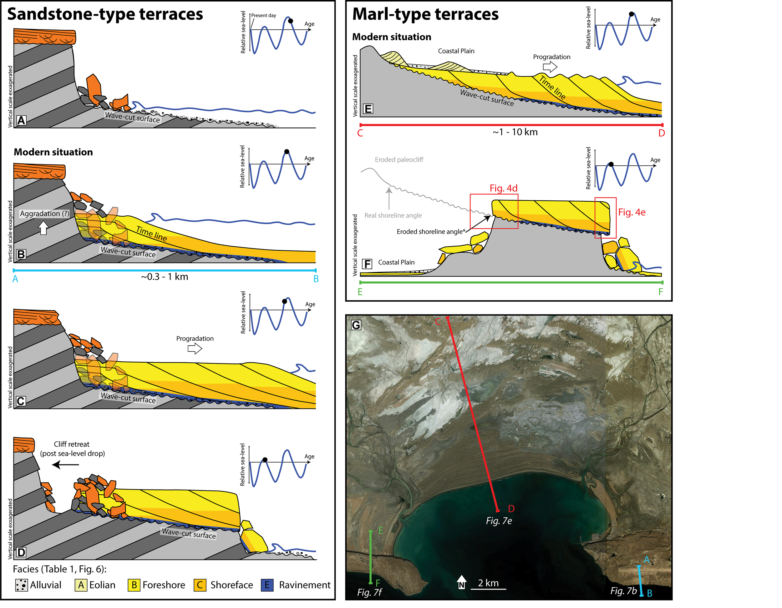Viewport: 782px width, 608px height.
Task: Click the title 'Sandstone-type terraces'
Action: [105, 14]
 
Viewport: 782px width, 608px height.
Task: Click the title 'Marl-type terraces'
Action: [425, 14]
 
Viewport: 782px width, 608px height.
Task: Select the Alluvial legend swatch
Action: [22, 585]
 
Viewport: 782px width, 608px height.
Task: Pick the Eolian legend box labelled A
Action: [81, 585]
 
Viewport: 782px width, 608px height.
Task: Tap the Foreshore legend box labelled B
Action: [134, 585]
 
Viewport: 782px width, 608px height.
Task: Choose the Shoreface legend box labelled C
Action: [200, 585]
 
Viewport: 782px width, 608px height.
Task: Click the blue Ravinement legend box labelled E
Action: [267, 585]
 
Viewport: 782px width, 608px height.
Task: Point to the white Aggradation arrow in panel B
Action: [43, 228]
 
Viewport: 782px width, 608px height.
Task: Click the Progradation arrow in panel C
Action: [195, 348]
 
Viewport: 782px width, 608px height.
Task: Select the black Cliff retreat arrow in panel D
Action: [65, 465]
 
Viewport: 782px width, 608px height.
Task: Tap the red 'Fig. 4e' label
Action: [632, 212]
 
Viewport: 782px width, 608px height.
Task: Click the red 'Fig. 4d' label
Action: [503, 188]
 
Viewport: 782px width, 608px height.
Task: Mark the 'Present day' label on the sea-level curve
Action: [263, 15]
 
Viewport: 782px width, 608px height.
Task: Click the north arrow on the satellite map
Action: [462, 581]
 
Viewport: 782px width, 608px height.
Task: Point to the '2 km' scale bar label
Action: [488, 583]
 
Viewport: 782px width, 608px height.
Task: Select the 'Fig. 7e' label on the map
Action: [499, 521]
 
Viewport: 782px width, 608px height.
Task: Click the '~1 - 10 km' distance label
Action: [515, 132]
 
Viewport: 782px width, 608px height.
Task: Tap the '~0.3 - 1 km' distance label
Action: [164, 277]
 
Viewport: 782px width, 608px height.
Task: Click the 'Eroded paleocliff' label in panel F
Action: [399, 160]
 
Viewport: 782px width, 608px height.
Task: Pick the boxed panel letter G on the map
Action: [356, 325]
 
